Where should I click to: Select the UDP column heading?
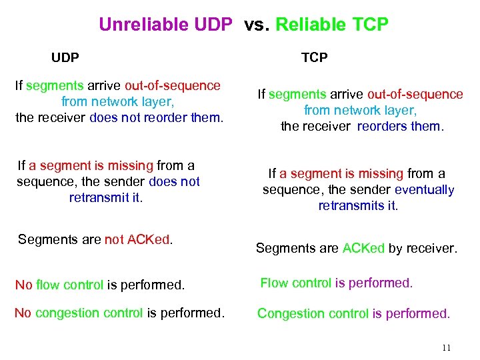(x=65, y=58)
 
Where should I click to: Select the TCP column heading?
(x=314, y=58)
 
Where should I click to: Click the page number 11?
(x=446, y=347)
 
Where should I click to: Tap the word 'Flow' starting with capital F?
(x=274, y=283)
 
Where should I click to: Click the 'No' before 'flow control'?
(x=23, y=285)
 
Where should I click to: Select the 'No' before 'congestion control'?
(x=23, y=313)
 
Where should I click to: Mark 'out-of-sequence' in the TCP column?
(x=415, y=95)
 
